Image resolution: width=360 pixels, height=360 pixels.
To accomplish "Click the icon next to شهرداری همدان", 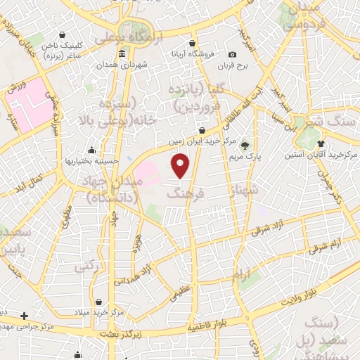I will coord(122,54).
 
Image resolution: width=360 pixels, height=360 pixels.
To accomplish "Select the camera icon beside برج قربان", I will coord(233,54).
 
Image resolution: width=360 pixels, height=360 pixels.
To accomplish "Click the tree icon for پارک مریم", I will coord(245,146).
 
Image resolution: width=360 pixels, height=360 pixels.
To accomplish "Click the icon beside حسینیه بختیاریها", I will coord(91,150).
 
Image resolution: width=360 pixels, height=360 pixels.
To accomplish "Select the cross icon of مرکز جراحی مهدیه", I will coord(25,316).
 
